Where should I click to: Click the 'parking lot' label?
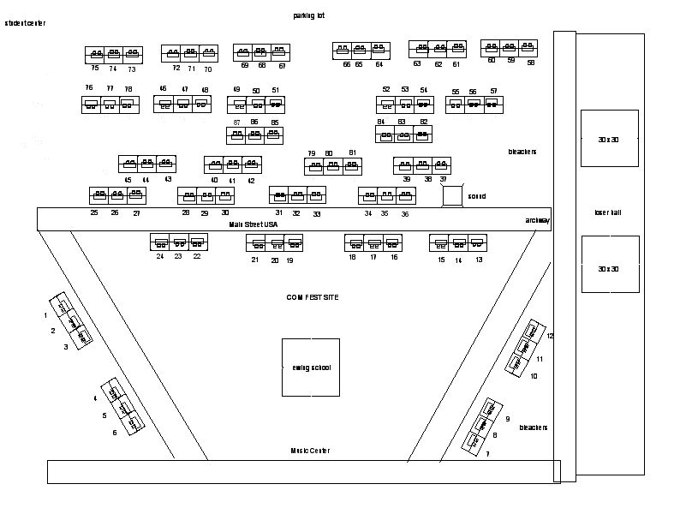point(309,15)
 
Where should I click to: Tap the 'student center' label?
point(25,23)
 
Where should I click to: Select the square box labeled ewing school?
point(310,368)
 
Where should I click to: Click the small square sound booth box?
point(452,196)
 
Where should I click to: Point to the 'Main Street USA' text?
point(254,224)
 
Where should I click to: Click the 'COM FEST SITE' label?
point(313,296)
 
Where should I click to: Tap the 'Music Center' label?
point(309,451)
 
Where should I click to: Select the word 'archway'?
point(538,220)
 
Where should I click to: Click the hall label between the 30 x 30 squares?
point(608,212)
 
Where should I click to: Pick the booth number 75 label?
point(94,69)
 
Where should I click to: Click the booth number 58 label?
point(531,63)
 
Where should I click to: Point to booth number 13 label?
point(479,260)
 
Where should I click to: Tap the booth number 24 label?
point(159,256)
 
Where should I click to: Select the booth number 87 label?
point(236,123)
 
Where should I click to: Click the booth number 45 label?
point(128,180)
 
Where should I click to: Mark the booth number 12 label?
point(551,336)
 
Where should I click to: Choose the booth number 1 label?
point(45,315)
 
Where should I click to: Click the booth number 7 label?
point(487,454)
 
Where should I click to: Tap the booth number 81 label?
point(352,152)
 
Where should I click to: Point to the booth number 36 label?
point(405,214)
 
